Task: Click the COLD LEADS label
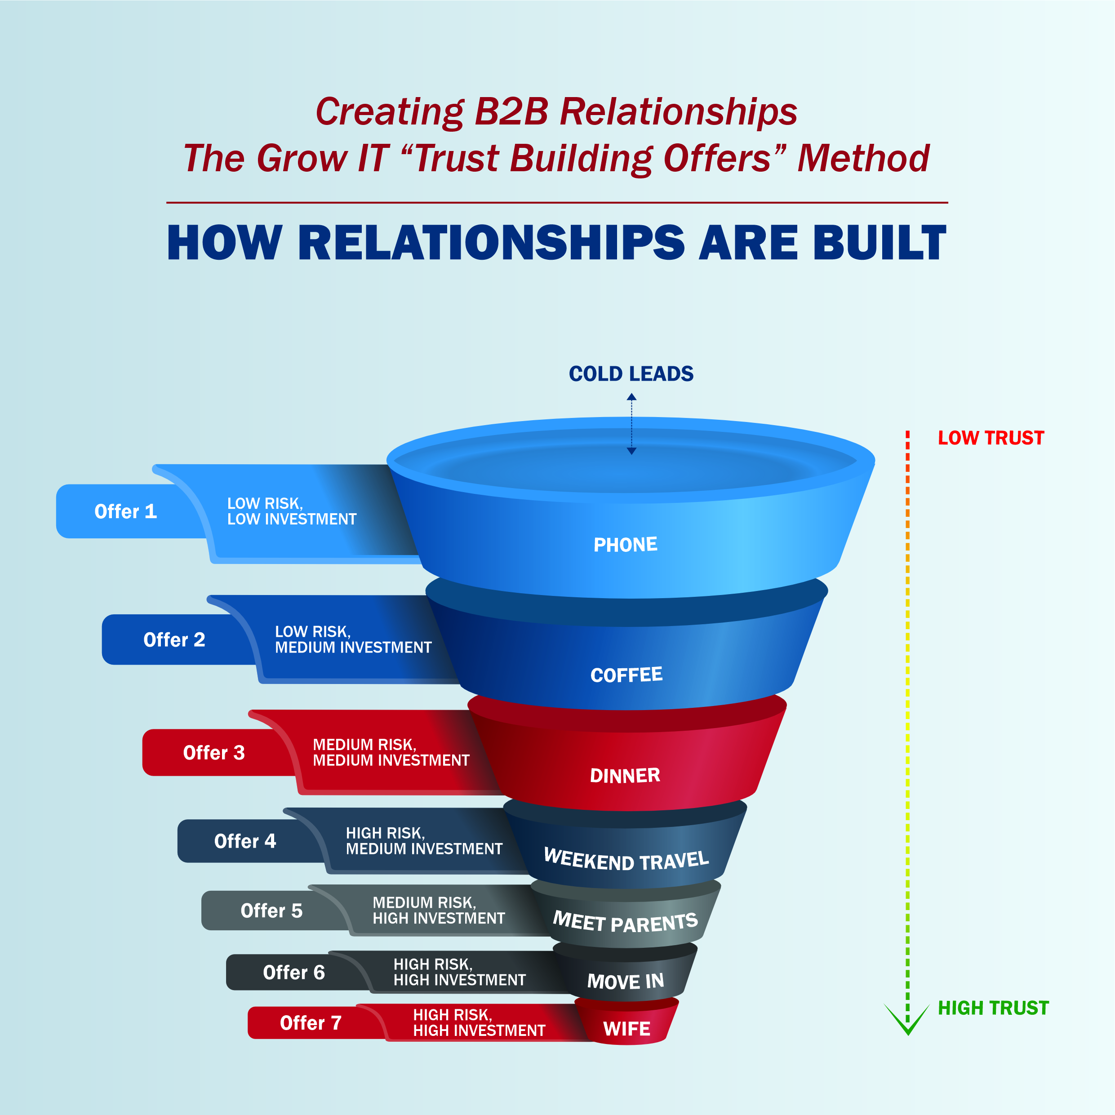[x=631, y=374]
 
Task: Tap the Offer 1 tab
[x=125, y=511]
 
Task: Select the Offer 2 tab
[x=174, y=640]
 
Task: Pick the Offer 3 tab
[x=213, y=753]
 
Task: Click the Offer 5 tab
[x=271, y=910]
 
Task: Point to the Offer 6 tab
[x=294, y=972]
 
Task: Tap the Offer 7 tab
[x=311, y=1023]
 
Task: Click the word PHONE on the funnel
[x=625, y=544]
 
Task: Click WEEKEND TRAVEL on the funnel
[x=626, y=860]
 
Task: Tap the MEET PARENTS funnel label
[x=625, y=922]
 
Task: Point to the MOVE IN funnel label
[x=625, y=981]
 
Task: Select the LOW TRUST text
[x=991, y=438]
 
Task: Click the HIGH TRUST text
[x=993, y=1008]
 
